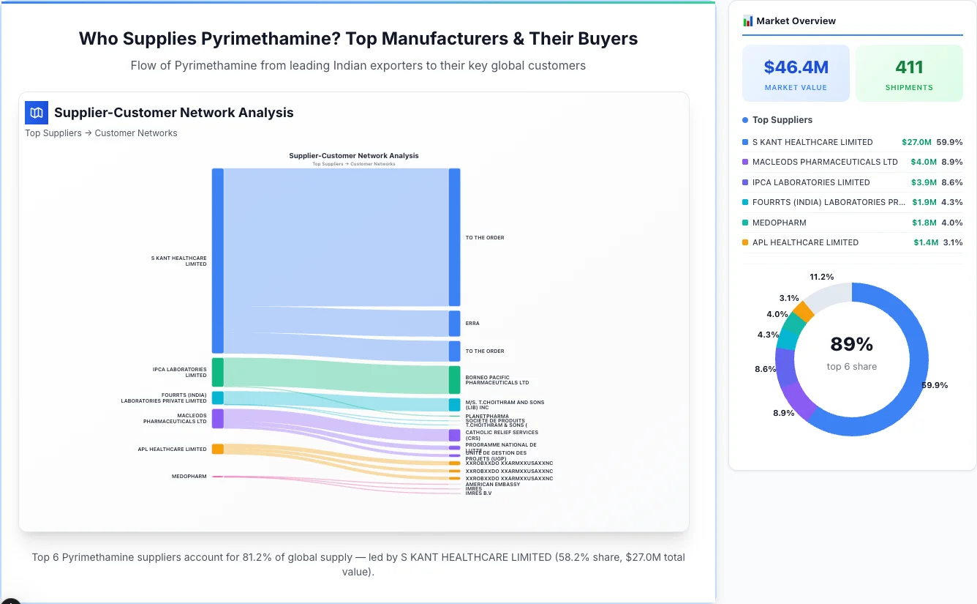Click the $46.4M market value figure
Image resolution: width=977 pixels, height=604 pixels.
pyautogui.click(x=796, y=67)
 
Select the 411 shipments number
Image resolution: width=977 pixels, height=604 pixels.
pyautogui.click(x=909, y=67)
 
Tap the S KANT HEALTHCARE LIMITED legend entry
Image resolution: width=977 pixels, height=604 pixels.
pyautogui.click(x=812, y=142)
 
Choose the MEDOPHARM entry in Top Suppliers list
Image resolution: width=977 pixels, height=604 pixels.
pyautogui.click(x=779, y=223)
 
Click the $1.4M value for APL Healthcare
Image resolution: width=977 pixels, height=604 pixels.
pyautogui.click(x=925, y=242)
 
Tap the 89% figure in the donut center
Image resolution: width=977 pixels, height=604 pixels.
pyautogui.click(x=851, y=344)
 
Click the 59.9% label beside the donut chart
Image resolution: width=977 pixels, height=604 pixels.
pyautogui.click(x=935, y=385)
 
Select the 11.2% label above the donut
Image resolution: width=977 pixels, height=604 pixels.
pyautogui.click(x=821, y=277)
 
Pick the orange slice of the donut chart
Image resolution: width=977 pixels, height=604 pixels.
pyautogui.click(x=804, y=311)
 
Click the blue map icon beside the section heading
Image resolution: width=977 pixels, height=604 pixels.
pyautogui.click(x=37, y=113)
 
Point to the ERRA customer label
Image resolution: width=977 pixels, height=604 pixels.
pyautogui.click(x=472, y=323)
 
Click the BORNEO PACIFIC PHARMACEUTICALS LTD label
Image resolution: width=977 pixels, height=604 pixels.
pyautogui.click(x=497, y=380)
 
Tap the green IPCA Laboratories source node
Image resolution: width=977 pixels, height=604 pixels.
pyautogui.click(x=218, y=372)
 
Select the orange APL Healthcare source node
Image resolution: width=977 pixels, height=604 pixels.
pyautogui.click(x=218, y=449)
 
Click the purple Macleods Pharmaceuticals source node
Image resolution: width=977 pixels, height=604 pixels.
pyautogui.click(x=218, y=419)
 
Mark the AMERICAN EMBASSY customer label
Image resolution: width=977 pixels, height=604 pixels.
pyautogui.click(x=492, y=484)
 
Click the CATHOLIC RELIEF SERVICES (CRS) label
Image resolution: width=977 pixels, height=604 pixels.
pyautogui.click(x=502, y=435)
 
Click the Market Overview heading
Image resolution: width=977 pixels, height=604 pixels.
pyautogui.click(x=796, y=21)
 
